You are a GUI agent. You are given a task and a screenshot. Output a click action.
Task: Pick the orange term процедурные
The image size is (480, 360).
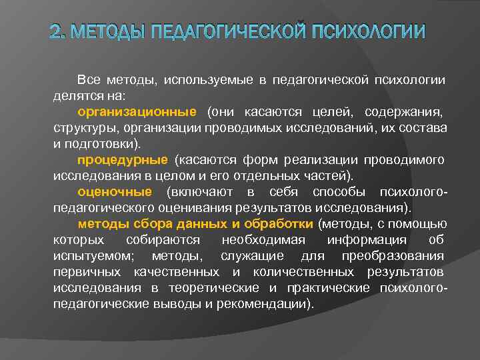tap(122, 160)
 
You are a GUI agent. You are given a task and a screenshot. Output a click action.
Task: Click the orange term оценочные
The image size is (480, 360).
tap(115, 192)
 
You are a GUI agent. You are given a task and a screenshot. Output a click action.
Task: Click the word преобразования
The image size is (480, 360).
tap(394, 256)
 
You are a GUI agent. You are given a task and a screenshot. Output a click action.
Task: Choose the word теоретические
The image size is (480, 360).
tap(216, 288)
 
